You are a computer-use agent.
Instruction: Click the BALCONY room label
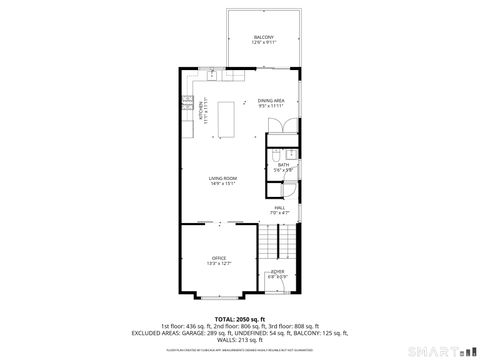pos(263,37)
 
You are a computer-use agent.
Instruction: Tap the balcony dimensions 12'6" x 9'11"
pos(263,43)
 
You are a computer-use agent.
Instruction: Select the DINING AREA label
pos(271,100)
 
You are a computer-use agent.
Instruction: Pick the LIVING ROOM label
pos(223,178)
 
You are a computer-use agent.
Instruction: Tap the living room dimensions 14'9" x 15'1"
pos(223,184)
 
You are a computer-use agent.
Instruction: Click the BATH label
pos(284,165)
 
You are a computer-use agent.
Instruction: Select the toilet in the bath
pos(275,155)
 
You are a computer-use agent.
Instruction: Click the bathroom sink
pos(291,153)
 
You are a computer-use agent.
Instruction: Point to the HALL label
pos(279,207)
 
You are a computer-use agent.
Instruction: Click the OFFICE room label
pos(218,258)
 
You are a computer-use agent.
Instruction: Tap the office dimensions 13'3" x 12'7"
pos(218,264)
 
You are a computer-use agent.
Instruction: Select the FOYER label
pos(277,271)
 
